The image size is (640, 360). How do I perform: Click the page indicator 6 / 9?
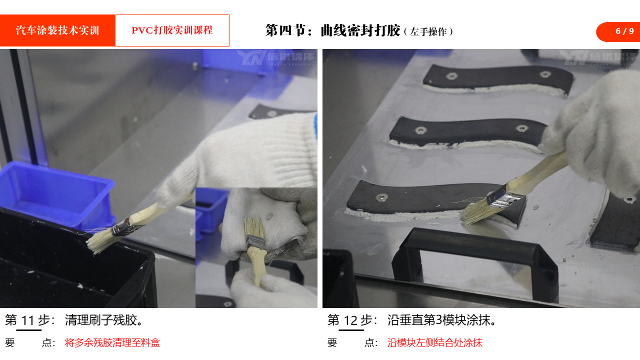pos(624,31)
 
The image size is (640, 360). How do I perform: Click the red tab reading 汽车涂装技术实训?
pos(57,30)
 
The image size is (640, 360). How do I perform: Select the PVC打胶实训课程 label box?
pos(172,30)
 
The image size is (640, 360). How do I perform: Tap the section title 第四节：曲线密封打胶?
pos(333,30)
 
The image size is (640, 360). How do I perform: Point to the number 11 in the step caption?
pos(28,320)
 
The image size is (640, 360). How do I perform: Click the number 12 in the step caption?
pos(350,320)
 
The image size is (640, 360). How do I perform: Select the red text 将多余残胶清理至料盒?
pos(112,342)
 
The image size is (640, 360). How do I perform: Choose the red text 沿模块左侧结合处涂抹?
pos(435,342)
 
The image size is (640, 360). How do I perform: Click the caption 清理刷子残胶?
pos(103,320)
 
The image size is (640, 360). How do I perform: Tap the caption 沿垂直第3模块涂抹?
pos(441,320)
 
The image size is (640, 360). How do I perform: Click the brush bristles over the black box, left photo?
pos(99,240)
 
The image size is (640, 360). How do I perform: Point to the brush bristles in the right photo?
pos(475,211)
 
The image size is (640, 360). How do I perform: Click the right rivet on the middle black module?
pos(521,128)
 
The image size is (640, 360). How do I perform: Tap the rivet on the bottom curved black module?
pos(382,196)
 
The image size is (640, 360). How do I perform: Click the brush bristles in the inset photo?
pos(253,226)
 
